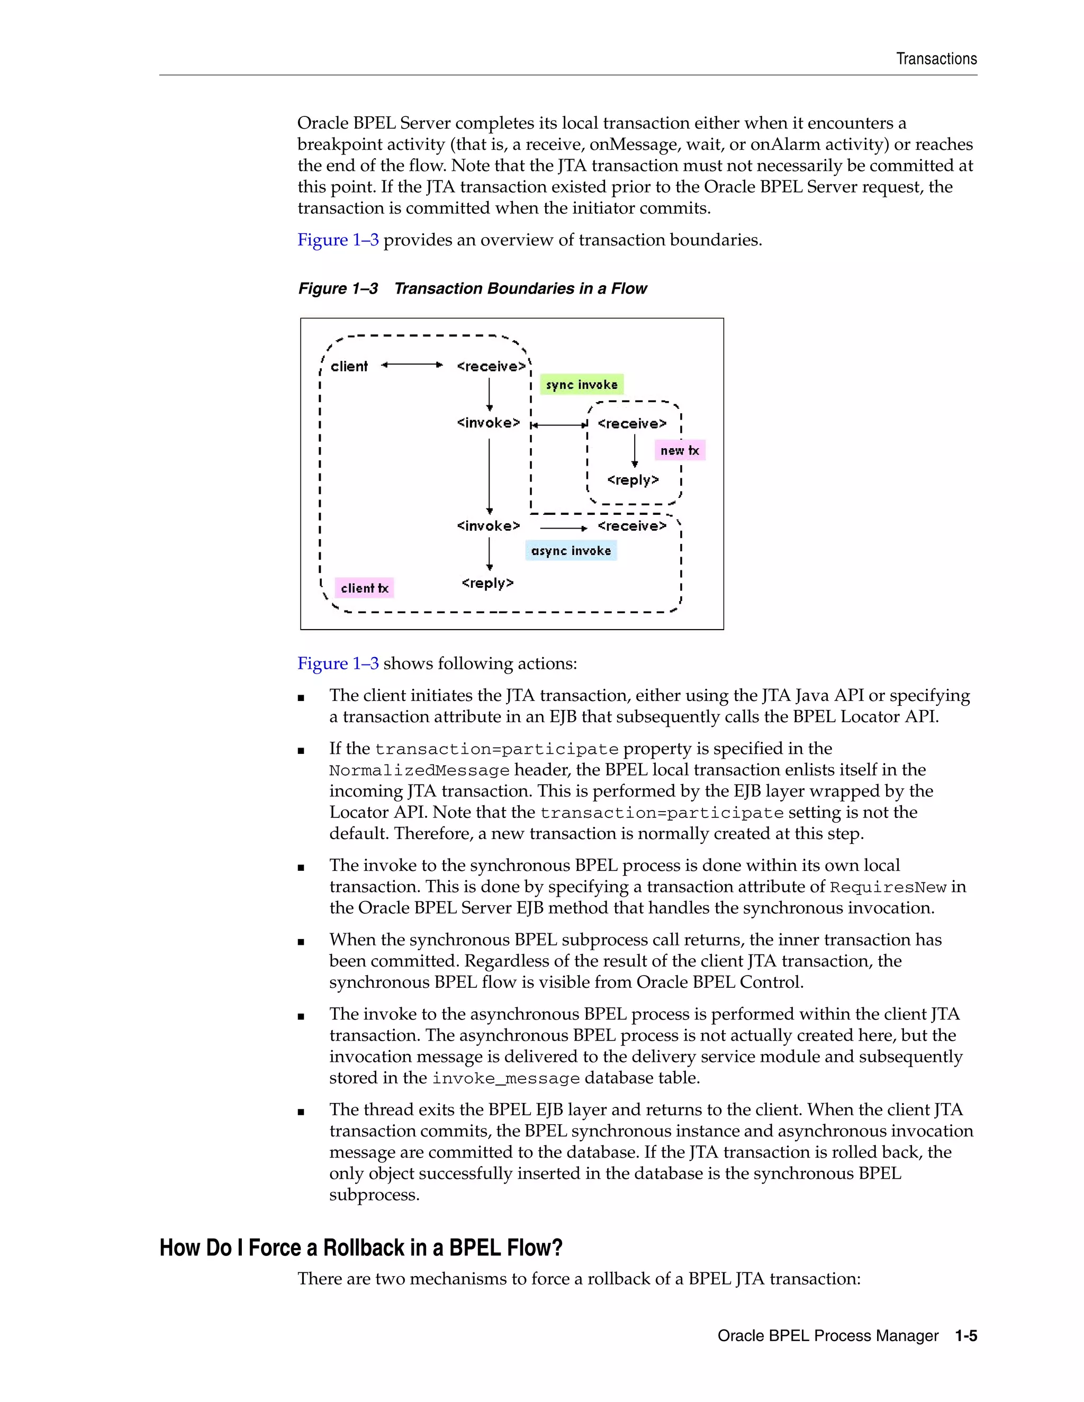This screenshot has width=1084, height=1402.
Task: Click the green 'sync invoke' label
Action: (x=581, y=385)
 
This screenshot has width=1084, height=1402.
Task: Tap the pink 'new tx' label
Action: (x=680, y=450)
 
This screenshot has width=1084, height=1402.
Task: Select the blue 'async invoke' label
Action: (x=571, y=551)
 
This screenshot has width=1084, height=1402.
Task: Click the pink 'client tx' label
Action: (x=364, y=588)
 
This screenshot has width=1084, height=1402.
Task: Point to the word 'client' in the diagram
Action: (x=349, y=367)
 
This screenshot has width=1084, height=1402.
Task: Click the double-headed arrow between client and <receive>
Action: (x=412, y=365)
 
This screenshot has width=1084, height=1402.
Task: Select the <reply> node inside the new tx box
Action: (x=633, y=480)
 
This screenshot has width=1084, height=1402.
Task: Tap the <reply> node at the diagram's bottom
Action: (x=487, y=583)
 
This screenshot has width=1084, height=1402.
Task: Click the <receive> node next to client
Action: (x=491, y=367)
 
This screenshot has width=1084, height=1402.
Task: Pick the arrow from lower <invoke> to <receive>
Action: (x=563, y=527)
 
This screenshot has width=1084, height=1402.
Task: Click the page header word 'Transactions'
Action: (x=936, y=59)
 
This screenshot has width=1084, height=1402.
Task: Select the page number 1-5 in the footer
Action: (x=966, y=1336)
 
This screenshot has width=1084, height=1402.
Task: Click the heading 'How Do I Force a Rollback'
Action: (x=361, y=1248)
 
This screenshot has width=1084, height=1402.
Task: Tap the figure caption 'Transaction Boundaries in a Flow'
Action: (x=520, y=289)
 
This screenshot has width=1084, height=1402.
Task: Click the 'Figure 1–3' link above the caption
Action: (x=338, y=240)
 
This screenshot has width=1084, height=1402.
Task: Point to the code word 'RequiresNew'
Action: (x=888, y=888)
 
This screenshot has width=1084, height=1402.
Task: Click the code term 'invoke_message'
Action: (x=506, y=1078)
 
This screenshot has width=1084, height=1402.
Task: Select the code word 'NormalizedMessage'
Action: (x=419, y=770)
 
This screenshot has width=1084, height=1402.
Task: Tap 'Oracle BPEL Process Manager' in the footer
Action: (x=828, y=1336)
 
